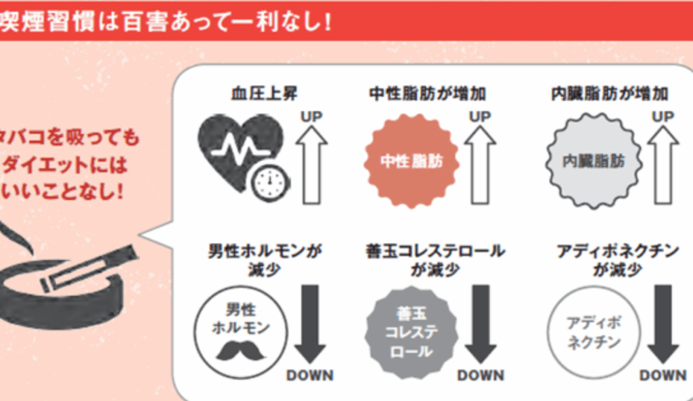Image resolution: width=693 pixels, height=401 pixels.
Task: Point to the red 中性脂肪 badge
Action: pyautogui.click(x=408, y=162)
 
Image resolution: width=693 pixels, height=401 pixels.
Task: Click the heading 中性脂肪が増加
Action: pyautogui.click(x=427, y=94)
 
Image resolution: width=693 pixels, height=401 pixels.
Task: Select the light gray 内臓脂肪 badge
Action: pyautogui.click(x=593, y=162)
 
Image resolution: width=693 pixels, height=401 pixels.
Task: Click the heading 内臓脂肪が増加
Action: pyautogui.click(x=610, y=94)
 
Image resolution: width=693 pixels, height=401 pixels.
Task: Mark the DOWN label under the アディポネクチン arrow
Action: pyautogui.click(x=663, y=375)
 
